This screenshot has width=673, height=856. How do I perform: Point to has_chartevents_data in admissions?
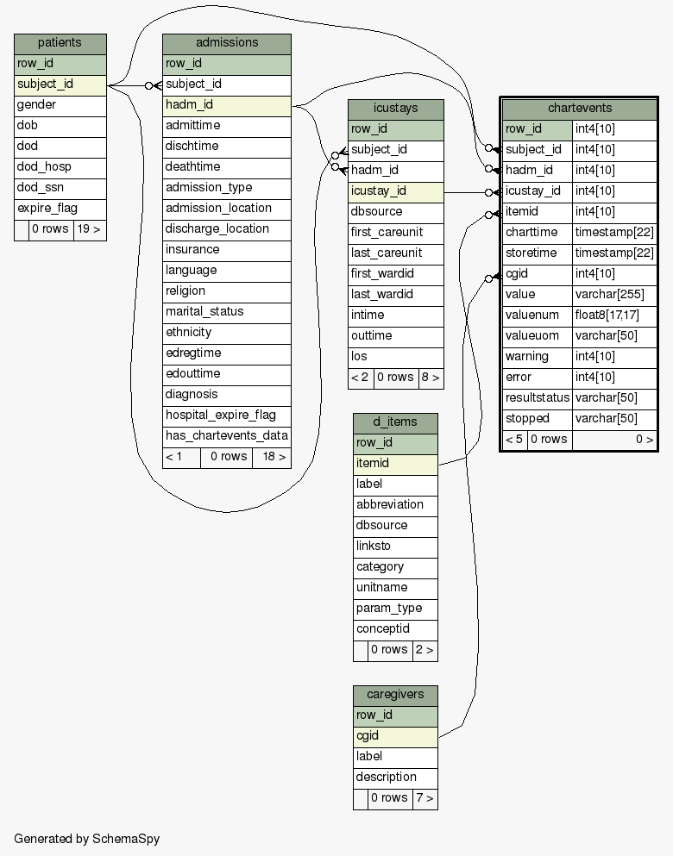[227, 436]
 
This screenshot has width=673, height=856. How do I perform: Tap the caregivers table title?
[395, 696]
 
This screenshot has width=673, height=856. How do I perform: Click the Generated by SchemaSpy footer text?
[87, 839]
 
